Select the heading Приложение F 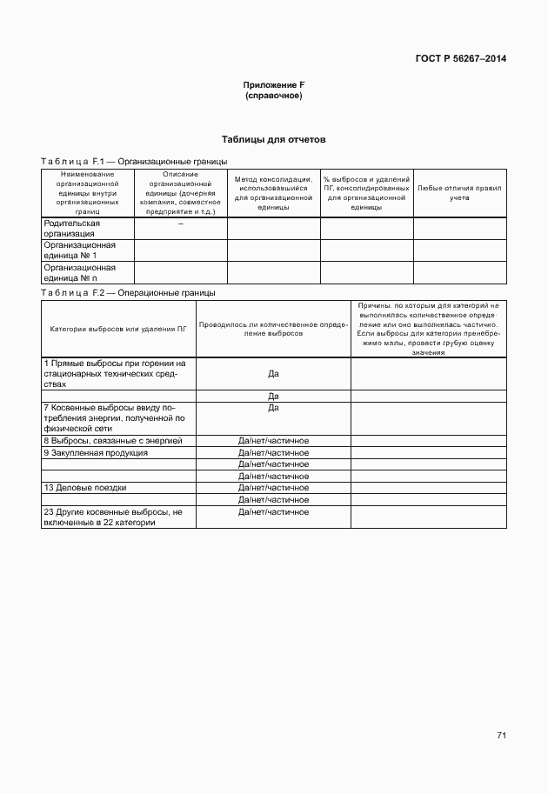273,84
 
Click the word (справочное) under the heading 273,95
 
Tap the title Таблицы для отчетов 273,139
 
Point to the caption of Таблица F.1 134,161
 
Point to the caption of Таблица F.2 128,293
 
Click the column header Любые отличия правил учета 459,192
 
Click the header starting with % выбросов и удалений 366,192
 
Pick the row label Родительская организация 72,229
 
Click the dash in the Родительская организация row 180,224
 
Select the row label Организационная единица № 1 80,250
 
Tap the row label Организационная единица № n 80,272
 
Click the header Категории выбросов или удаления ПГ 118,329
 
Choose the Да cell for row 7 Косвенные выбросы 273,407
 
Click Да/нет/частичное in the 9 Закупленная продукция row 273,452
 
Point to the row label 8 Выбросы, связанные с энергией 113,441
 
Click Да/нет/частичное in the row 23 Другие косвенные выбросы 273,512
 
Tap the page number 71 501,736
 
